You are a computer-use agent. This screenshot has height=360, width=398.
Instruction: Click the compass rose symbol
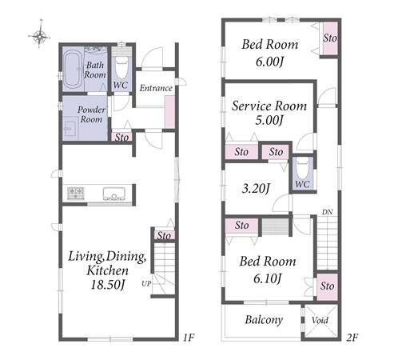tap(39, 34)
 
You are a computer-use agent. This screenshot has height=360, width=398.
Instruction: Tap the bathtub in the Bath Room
tap(72, 70)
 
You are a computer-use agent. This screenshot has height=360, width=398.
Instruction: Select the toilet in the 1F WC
tap(121, 67)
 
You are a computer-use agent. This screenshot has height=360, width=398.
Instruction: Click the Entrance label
tap(156, 88)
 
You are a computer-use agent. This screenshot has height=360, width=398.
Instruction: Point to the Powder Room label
tap(91, 114)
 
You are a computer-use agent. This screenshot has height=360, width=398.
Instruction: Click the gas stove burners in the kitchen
tap(76, 194)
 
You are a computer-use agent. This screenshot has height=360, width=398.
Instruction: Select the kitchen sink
tap(114, 194)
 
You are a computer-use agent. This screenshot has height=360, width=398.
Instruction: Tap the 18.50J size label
tap(108, 285)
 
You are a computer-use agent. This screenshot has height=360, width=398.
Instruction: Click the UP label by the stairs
tap(146, 284)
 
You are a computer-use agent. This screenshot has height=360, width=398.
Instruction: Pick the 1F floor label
tap(189, 338)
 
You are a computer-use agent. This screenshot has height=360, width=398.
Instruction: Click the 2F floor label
tap(352, 338)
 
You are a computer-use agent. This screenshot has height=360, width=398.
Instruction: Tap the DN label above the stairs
tap(327, 212)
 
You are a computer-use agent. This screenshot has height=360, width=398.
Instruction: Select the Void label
tap(320, 320)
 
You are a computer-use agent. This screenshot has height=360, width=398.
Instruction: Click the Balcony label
tap(264, 320)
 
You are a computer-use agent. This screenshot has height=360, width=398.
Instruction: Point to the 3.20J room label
tap(256, 189)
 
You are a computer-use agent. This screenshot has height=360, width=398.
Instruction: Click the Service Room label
tap(269, 106)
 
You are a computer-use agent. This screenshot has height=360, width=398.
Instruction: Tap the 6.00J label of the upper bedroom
tap(269, 62)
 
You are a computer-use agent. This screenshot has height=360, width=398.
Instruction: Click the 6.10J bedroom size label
tap(268, 279)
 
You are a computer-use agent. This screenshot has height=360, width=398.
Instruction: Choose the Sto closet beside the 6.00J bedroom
tap(330, 38)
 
